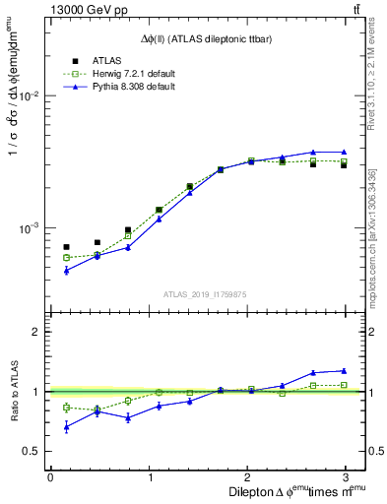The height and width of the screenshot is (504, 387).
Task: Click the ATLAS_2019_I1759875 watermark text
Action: (204, 293)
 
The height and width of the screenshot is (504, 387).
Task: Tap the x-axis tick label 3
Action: (347, 477)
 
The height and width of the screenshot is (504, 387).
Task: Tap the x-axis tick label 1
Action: (149, 477)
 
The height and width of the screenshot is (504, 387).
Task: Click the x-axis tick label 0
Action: (50, 477)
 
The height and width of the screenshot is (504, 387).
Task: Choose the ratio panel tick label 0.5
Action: (32, 451)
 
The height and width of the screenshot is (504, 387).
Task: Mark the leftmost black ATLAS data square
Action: (66, 247)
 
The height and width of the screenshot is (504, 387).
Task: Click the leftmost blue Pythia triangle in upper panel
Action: (66, 270)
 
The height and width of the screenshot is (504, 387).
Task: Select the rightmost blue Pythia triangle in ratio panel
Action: (344, 370)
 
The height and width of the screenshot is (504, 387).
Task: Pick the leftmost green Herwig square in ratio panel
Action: (66, 408)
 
